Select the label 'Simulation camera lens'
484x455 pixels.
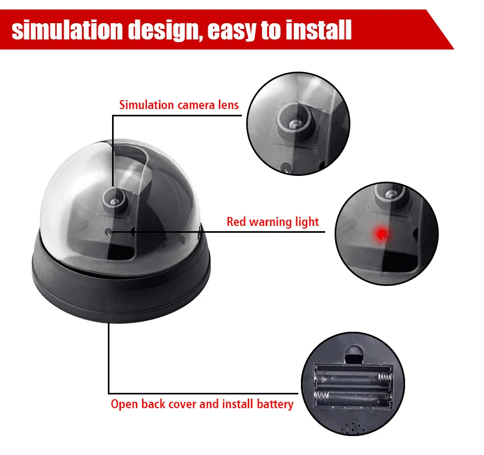(179, 105)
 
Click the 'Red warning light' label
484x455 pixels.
(273, 222)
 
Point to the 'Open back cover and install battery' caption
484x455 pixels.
(202, 404)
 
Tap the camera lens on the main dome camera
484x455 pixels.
(114, 198)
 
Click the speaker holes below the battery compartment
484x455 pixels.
(351, 428)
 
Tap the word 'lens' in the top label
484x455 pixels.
(228, 105)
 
